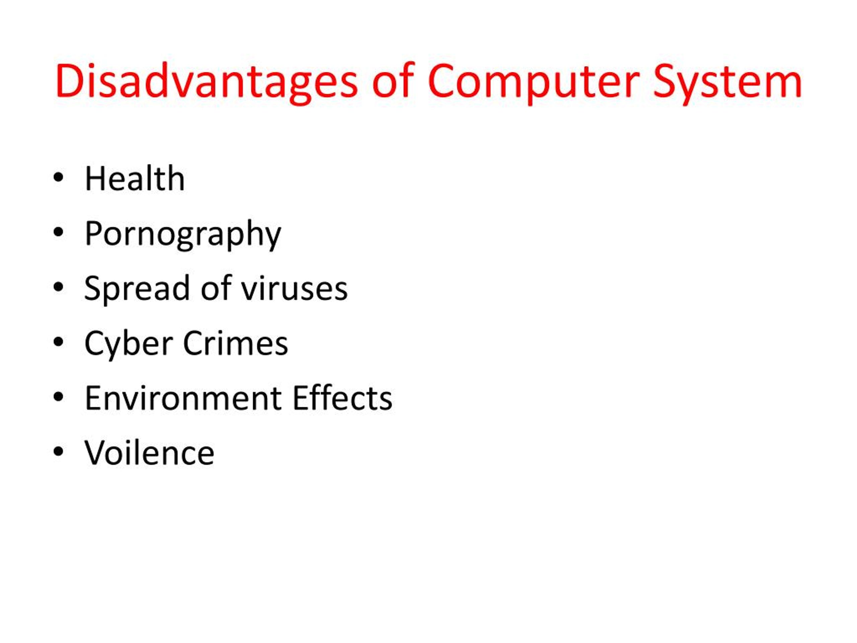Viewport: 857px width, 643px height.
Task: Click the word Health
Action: (135, 179)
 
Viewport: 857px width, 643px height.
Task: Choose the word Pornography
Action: (182, 234)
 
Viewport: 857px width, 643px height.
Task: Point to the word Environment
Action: (184, 399)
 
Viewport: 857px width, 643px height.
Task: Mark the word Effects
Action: (342, 399)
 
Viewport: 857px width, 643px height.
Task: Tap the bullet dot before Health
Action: (58, 178)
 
